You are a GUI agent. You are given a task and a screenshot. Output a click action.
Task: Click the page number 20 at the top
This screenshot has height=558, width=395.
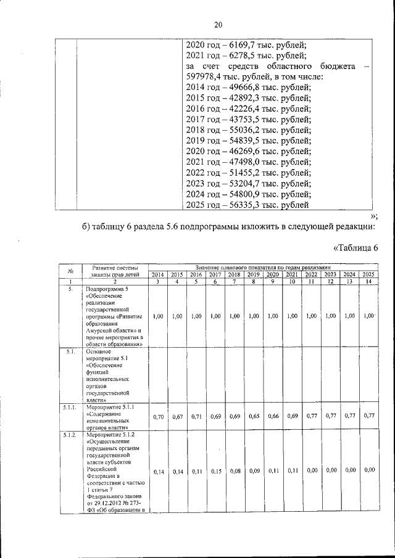tap(217, 25)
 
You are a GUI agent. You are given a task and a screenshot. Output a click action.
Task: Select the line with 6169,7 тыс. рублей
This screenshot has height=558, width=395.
tap(246, 44)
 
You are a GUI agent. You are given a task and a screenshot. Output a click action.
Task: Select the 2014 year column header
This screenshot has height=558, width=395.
tap(157, 274)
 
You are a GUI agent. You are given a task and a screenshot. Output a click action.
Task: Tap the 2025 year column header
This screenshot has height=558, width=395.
tap(368, 274)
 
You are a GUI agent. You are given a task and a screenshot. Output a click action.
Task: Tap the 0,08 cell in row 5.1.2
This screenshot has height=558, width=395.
tap(235, 471)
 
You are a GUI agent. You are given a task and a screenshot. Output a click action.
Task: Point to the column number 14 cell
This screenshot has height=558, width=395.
tap(368, 282)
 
